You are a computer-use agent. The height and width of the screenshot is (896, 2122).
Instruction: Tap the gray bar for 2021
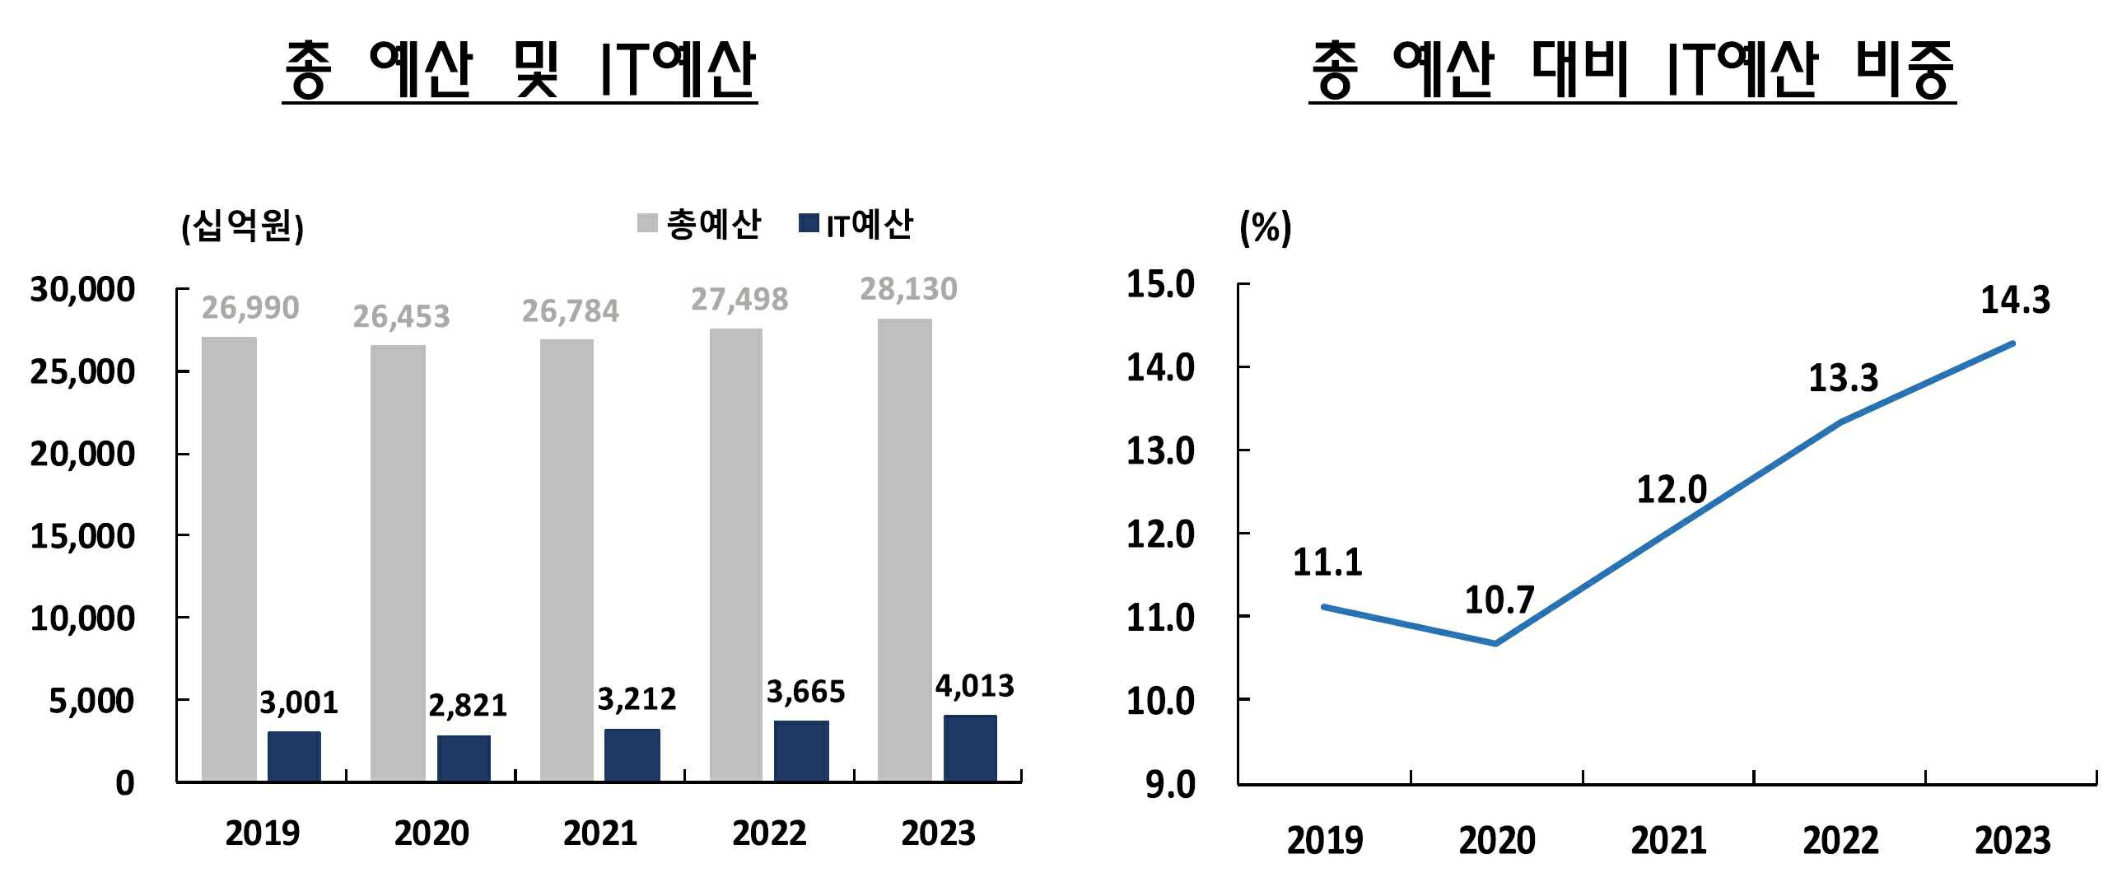[567, 560]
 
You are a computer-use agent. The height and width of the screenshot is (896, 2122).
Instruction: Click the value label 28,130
[908, 289]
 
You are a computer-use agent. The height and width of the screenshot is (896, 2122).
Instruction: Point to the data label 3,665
[805, 692]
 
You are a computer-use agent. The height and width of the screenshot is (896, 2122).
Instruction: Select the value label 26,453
[401, 316]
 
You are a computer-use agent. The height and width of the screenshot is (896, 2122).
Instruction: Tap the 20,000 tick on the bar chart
[82, 454]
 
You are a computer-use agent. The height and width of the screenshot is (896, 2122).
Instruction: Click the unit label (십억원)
[242, 226]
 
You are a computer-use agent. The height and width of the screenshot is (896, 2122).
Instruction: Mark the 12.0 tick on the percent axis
[1160, 534]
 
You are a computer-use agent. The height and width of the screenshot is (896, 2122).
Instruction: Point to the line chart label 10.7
[1499, 600]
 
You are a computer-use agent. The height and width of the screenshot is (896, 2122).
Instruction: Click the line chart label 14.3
[2015, 300]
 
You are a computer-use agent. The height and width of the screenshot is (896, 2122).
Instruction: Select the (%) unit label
[1266, 227]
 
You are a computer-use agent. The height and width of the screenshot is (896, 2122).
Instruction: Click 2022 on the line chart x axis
[1840, 841]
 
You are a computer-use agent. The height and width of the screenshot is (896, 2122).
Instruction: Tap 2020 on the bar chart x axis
[431, 833]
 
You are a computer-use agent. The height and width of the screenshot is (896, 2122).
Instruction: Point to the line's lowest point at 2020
[1496, 643]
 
